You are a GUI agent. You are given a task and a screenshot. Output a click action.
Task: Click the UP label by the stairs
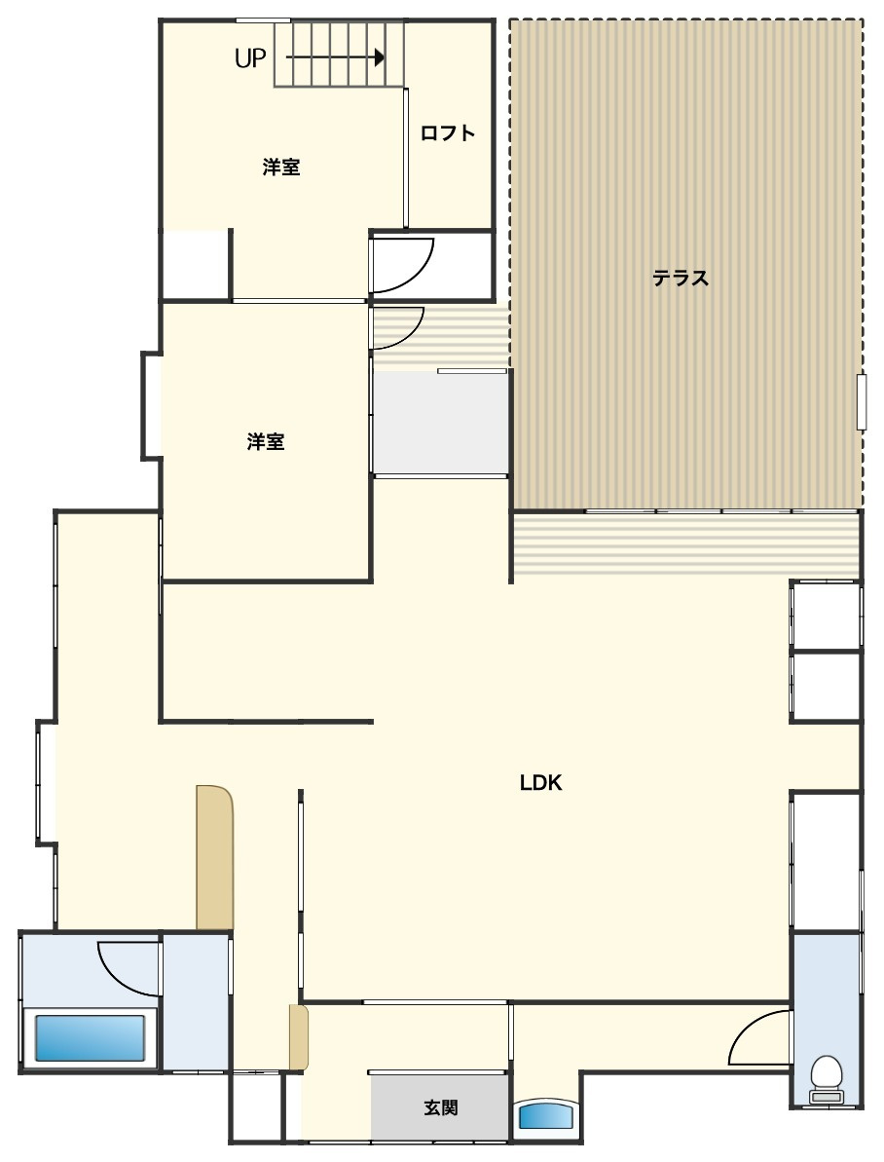click(x=249, y=57)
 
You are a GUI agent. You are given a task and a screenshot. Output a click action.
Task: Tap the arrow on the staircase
click(x=335, y=57)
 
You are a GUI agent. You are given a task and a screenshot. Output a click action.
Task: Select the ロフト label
click(x=448, y=133)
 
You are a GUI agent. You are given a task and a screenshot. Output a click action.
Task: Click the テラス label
click(x=681, y=278)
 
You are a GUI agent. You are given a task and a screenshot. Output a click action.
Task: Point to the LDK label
click(x=541, y=782)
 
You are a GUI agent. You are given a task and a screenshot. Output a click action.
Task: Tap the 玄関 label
click(x=441, y=1107)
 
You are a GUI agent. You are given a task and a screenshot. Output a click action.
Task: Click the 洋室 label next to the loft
click(x=281, y=168)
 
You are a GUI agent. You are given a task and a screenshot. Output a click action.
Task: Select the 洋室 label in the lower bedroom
click(x=265, y=442)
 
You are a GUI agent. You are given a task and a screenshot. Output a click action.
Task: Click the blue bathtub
click(x=90, y=1037)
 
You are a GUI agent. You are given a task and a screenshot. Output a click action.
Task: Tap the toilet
click(x=827, y=1080)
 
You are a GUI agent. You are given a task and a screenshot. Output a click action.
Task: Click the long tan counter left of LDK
click(x=215, y=857)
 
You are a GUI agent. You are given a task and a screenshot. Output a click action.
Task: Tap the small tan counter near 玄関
click(x=298, y=1037)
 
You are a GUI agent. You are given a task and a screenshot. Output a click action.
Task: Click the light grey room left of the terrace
click(x=440, y=423)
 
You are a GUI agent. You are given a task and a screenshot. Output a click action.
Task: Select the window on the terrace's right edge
click(x=861, y=401)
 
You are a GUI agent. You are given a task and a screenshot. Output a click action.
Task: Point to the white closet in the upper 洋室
click(x=195, y=265)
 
